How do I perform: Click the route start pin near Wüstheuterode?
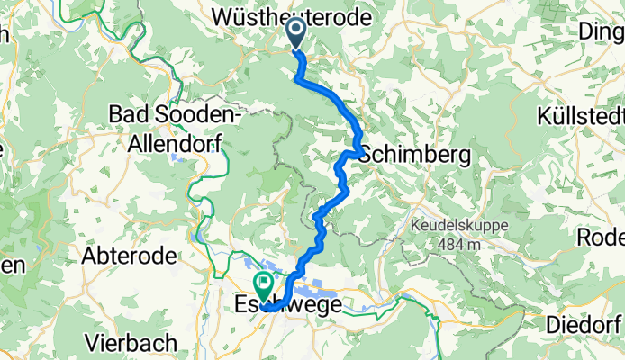[296, 34]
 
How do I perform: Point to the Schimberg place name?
[415, 155]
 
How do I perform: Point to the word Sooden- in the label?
[195, 114]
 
